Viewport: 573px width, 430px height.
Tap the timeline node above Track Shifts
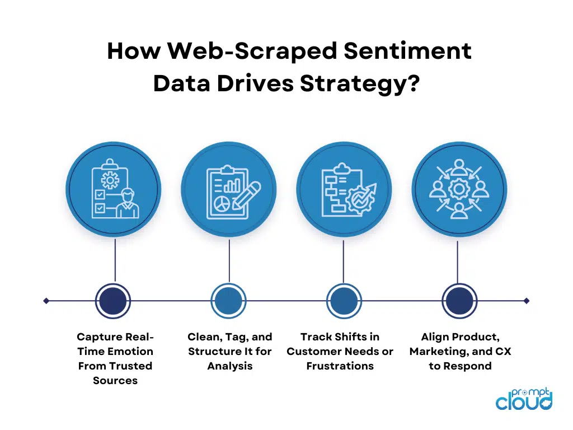point(342,301)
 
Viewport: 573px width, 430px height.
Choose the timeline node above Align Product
point(458,301)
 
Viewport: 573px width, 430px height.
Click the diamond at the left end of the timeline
point(46,301)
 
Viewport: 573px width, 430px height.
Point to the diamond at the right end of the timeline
point(527,301)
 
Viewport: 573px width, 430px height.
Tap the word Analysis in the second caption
point(230,366)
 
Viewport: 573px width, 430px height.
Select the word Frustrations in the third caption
point(340,366)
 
